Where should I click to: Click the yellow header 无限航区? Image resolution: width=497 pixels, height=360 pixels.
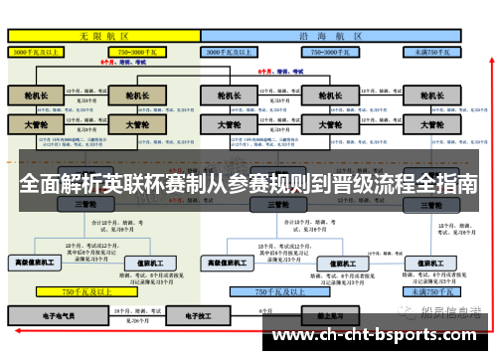click(102, 34)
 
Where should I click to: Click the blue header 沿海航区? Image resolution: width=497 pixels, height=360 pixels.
click(332, 34)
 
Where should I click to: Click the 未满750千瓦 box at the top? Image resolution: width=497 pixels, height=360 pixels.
click(430, 49)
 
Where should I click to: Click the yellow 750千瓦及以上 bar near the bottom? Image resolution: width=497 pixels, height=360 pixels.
click(83, 292)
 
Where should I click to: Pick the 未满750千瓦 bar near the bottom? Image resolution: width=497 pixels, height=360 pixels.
click(430, 292)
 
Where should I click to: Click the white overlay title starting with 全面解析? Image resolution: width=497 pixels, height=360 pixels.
click(248, 185)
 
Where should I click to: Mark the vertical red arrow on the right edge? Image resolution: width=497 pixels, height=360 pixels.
click(488, 179)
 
